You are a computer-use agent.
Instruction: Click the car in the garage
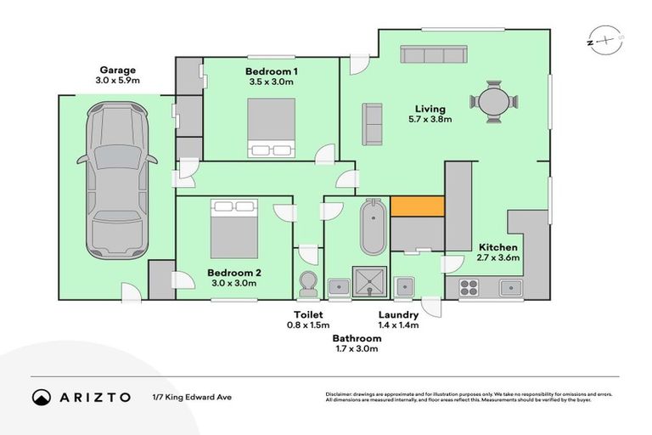pyautogui.click(x=117, y=179)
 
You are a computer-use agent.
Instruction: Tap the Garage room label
pyautogui.click(x=117, y=71)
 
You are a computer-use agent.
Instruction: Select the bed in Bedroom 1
pyautogui.click(x=272, y=127)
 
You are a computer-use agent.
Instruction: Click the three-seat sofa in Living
pyautogui.click(x=433, y=56)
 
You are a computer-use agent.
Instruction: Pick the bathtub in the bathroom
pyautogui.click(x=373, y=227)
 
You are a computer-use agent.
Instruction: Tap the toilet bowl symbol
pyautogui.click(x=307, y=283)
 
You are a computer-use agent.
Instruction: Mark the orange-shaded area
pyautogui.click(x=419, y=206)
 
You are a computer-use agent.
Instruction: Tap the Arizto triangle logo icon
pyautogui.click(x=42, y=397)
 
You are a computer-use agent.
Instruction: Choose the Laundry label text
pyautogui.click(x=398, y=314)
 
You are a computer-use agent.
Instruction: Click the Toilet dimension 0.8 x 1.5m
pyautogui.click(x=306, y=325)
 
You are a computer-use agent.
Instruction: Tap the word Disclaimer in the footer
pyautogui.click(x=342, y=394)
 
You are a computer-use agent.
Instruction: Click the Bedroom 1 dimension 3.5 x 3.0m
pyautogui.click(x=272, y=82)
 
